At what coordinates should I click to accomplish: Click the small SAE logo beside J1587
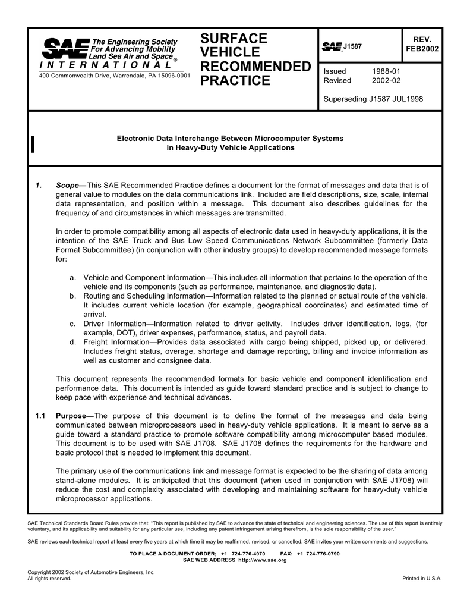tap(332, 46)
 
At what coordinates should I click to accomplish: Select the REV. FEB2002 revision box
tap(421, 44)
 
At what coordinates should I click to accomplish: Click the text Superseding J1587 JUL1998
tap(373, 99)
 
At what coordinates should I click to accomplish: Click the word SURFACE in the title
tap(234, 39)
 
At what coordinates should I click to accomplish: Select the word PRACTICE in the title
tap(235, 81)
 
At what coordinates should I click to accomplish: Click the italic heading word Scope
tap(68, 186)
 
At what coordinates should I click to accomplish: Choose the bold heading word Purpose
tap(72, 416)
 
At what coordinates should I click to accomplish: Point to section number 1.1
tap(40, 416)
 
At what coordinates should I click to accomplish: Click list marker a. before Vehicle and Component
tap(72, 278)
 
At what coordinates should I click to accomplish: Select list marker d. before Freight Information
tap(72, 342)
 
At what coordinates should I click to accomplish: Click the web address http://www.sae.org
tap(262, 560)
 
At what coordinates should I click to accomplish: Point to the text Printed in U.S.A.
tap(422, 579)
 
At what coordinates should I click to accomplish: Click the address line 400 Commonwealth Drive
tap(115, 76)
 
